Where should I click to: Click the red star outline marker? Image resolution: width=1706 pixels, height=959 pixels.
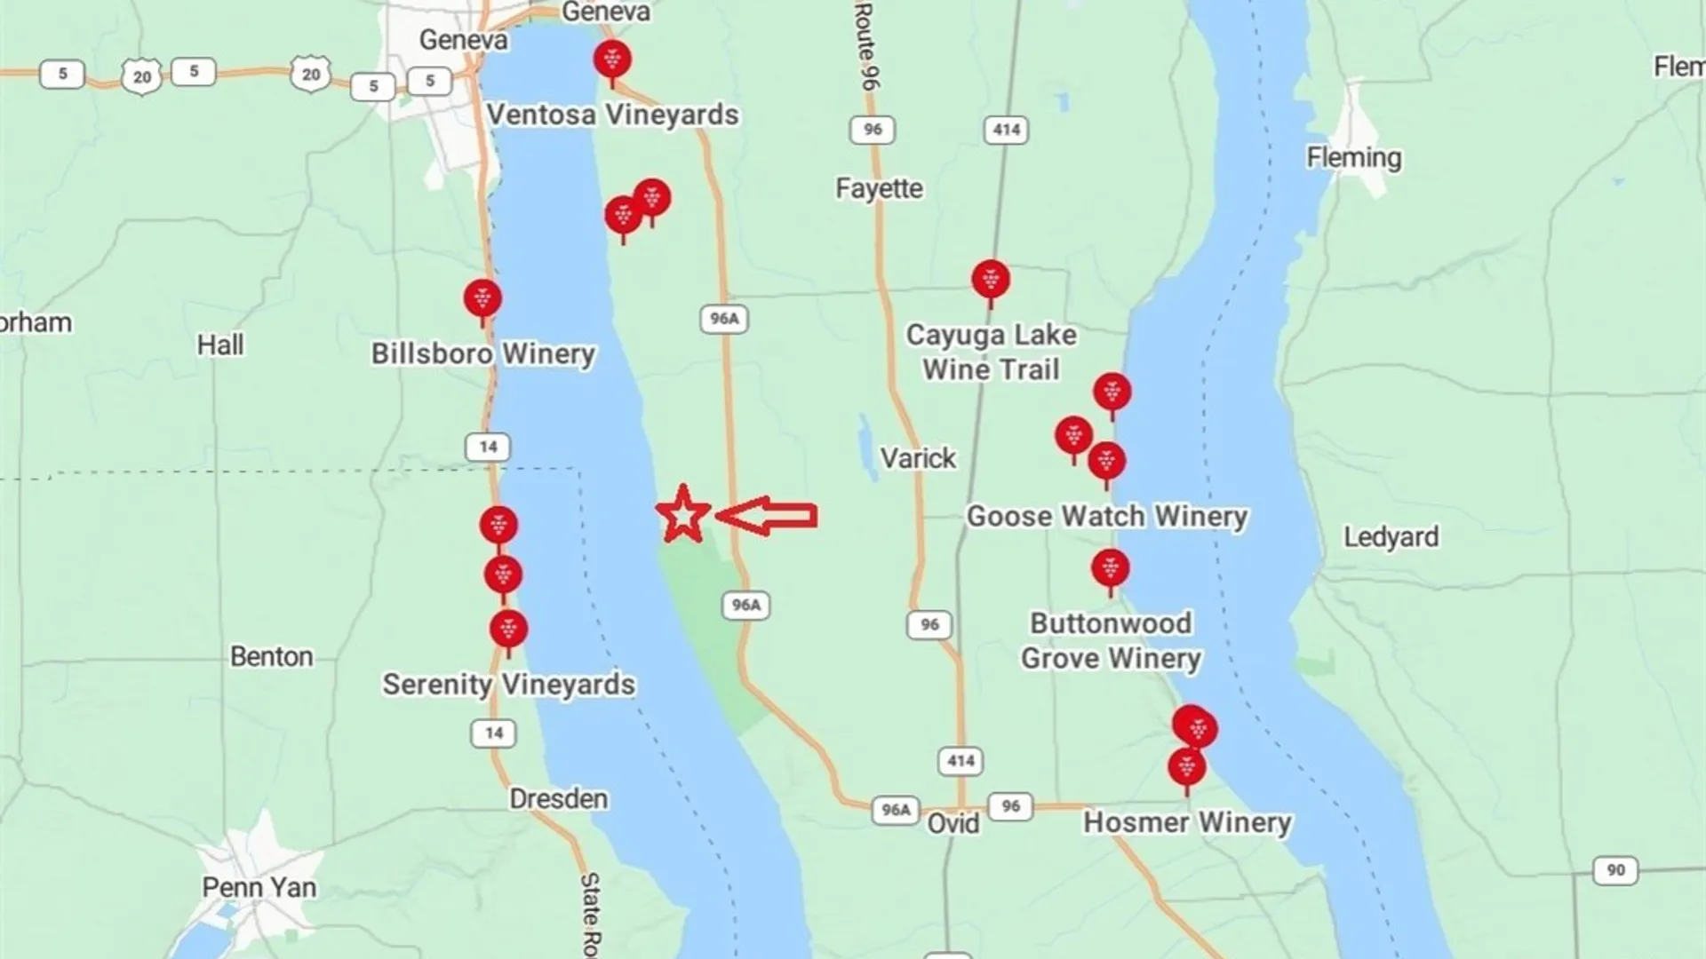click(x=682, y=515)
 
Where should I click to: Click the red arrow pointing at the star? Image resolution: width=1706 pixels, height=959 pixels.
click(x=767, y=516)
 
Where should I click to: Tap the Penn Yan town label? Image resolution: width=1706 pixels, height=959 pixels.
click(x=259, y=887)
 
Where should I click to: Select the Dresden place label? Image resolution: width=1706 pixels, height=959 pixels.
click(x=558, y=799)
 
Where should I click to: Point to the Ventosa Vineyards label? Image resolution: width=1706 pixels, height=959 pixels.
click(x=612, y=115)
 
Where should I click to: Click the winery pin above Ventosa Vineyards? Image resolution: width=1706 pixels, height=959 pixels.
click(x=612, y=60)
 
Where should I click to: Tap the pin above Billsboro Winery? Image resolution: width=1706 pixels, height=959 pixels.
click(x=482, y=298)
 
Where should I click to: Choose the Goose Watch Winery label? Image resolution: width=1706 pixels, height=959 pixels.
click(x=1107, y=516)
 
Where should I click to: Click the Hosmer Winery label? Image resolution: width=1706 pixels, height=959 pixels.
click(x=1187, y=822)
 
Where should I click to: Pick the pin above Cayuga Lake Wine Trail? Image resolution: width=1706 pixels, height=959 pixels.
click(x=991, y=280)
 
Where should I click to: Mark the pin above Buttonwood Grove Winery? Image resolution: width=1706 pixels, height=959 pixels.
click(x=1110, y=568)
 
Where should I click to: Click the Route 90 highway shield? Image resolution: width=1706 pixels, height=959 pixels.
click(x=1615, y=870)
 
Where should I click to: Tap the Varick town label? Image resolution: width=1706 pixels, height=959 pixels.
click(x=918, y=458)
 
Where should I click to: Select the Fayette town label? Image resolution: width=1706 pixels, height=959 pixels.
click(x=879, y=188)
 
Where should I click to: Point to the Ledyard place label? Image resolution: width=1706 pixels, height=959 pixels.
click(x=1391, y=536)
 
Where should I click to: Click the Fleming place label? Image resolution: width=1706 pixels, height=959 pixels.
click(x=1353, y=158)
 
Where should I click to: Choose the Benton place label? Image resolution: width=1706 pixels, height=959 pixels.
click(x=271, y=656)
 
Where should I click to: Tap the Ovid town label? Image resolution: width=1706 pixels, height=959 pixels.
click(x=953, y=823)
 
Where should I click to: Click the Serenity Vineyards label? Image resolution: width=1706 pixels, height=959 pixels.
click(x=508, y=685)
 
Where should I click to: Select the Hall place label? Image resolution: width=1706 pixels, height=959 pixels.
click(x=219, y=345)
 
